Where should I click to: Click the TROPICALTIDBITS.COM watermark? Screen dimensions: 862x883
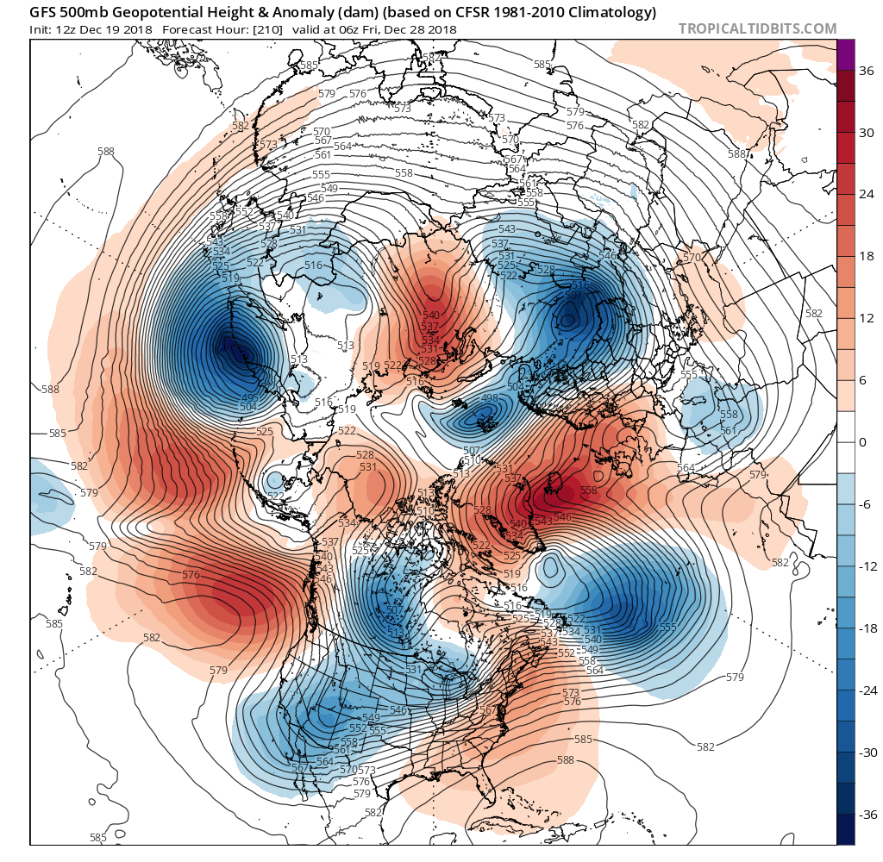(x=757, y=28)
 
